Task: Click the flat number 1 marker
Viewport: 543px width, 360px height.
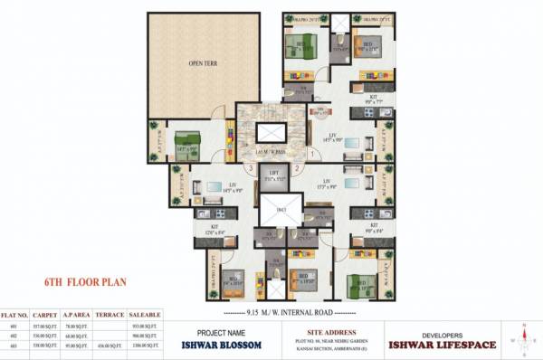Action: tap(313, 153)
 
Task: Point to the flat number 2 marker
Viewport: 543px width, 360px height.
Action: tap(296, 168)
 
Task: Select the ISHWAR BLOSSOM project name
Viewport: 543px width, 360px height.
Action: tap(220, 344)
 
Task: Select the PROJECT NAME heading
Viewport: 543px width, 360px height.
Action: tap(220, 331)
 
